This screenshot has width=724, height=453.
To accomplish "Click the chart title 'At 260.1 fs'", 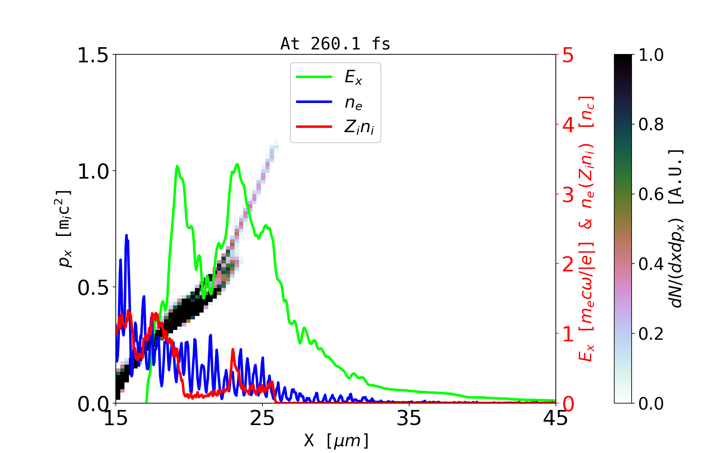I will pyautogui.click(x=335, y=44).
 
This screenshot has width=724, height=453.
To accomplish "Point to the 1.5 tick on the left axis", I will pyautogui.click(x=93, y=55).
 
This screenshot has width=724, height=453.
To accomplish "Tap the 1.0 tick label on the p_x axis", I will pyautogui.click(x=93, y=171).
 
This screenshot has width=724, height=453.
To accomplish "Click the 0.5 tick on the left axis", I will pyautogui.click(x=93, y=288).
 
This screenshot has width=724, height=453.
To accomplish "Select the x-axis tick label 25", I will pyautogui.click(x=262, y=418).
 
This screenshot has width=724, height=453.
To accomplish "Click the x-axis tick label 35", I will pyautogui.click(x=409, y=418).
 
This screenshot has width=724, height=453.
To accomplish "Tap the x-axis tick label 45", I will pyautogui.click(x=555, y=418).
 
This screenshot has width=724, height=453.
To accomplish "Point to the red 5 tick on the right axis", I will pyautogui.click(x=568, y=55).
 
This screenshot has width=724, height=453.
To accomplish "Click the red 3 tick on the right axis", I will pyautogui.click(x=568, y=195).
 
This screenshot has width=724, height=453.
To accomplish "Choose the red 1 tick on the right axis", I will pyautogui.click(x=568, y=334).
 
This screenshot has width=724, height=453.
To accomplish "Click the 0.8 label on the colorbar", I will pyautogui.click(x=651, y=124).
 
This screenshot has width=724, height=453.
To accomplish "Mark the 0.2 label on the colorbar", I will pyautogui.click(x=651, y=334).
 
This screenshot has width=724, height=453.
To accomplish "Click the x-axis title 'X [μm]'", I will pyautogui.click(x=336, y=440).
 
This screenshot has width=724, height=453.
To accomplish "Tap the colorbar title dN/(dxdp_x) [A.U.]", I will pyautogui.click(x=677, y=228).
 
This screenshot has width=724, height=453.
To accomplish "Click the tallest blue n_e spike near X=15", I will pyautogui.click(x=127, y=236).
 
